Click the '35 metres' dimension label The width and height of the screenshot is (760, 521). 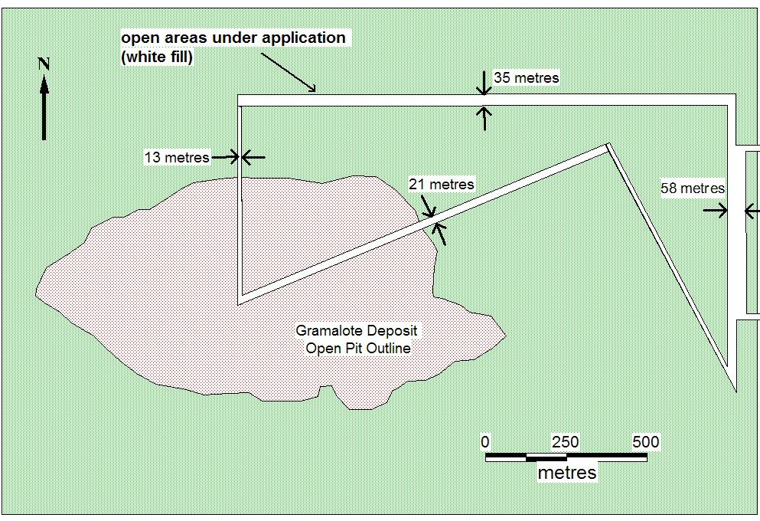pos(527,77)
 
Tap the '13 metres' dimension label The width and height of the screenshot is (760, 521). pos(177,157)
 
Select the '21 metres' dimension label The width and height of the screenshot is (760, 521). pos(442,185)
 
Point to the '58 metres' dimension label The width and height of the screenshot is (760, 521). pos(693,188)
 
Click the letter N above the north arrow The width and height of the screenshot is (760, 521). pos(44,64)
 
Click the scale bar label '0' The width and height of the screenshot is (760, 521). pos(485,441)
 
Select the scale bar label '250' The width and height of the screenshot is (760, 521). pos(566,442)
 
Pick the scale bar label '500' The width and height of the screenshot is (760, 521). pos(646,442)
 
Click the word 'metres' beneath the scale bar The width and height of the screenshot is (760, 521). pos(567,473)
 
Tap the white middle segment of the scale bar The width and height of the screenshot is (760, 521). pos(546,457)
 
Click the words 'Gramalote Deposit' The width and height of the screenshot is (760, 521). pos(356,331)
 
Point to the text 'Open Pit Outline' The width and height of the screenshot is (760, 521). pos(358,349)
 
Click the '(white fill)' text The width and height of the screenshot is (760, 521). pos(157,57)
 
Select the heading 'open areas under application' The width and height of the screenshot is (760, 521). pos(233,38)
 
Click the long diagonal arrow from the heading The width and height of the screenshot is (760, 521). pos(289,72)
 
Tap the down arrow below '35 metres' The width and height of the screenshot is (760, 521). pos(484,83)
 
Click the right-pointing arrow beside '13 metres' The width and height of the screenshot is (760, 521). pos(226,157)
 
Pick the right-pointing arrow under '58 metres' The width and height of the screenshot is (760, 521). pos(716,211)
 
